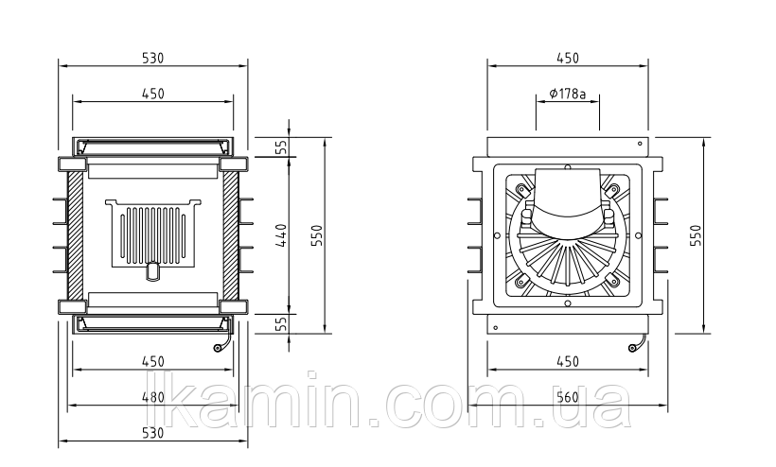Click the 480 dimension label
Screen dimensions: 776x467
(x=153, y=397)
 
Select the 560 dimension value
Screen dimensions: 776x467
(x=568, y=397)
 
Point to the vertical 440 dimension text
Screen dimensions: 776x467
(x=282, y=235)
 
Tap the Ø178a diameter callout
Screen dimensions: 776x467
(x=568, y=93)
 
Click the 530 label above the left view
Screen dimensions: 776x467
(x=153, y=58)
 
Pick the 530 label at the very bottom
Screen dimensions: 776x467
(x=153, y=432)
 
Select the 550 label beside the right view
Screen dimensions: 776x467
(x=697, y=235)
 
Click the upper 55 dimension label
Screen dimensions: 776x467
(x=281, y=147)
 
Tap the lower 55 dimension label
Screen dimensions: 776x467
(x=281, y=323)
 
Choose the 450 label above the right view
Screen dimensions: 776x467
(x=568, y=58)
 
